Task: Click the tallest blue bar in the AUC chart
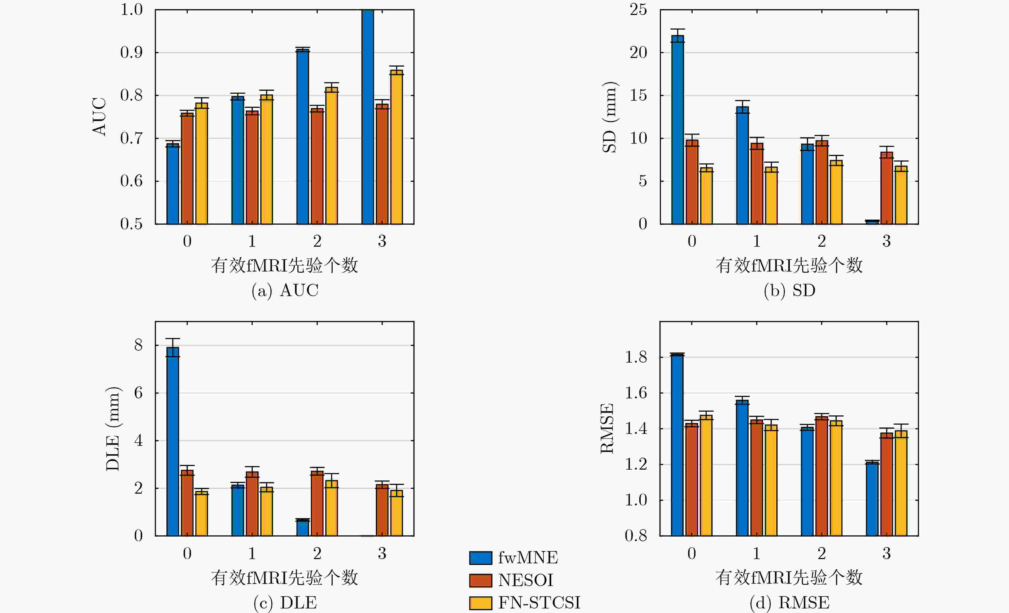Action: point(368,117)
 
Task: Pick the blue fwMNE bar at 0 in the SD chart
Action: point(678,129)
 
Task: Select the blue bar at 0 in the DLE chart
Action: point(173,441)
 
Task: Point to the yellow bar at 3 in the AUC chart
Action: point(396,147)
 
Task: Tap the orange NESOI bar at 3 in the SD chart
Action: point(886,188)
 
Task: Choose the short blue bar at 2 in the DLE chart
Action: point(303,528)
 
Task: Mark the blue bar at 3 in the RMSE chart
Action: point(872,499)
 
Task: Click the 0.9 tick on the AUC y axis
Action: point(131,52)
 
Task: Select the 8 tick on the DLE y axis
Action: point(139,345)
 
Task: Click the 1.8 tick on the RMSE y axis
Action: point(636,357)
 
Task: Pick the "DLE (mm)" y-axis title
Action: point(113,429)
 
